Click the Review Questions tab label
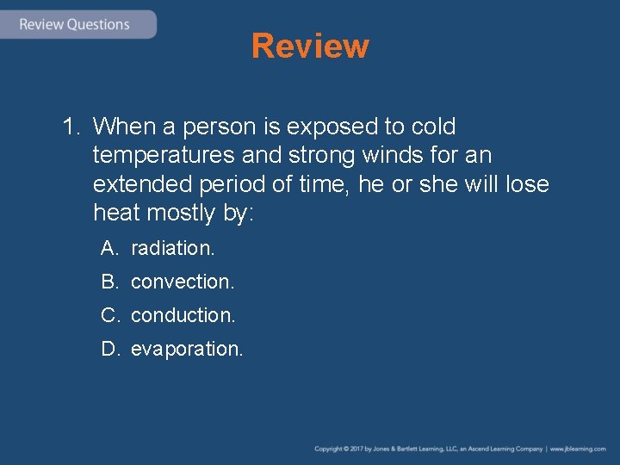click(74, 24)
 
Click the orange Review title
click(310, 46)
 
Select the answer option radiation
click(172, 248)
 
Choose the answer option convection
click(183, 282)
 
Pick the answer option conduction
click(183, 315)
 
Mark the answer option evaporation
click(187, 349)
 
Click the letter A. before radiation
click(109, 248)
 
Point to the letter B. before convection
click(109, 282)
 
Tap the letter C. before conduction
click(109, 315)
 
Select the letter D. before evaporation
click(109, 349)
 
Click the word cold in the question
click(434, 127)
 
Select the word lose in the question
click(527, 185)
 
